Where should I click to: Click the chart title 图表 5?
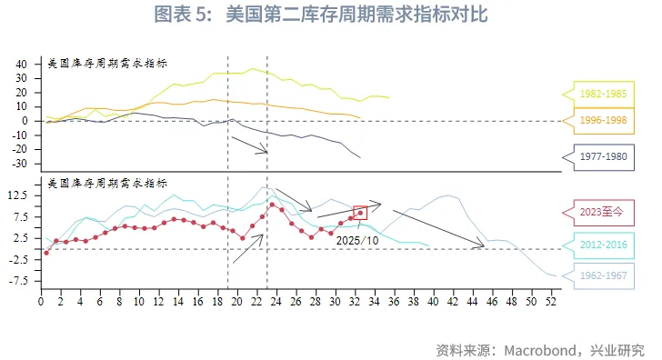click(x=330, y=15)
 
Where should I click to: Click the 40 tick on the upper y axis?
click(x=23, y=65)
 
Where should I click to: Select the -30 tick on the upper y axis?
click(x=21, y=164)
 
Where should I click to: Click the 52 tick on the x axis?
click(x=550, y=302)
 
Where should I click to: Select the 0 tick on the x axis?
click(x=41, y=302)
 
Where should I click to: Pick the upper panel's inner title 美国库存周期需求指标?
click(x=107, y=63)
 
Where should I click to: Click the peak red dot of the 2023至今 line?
click(x=272, y=205)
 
